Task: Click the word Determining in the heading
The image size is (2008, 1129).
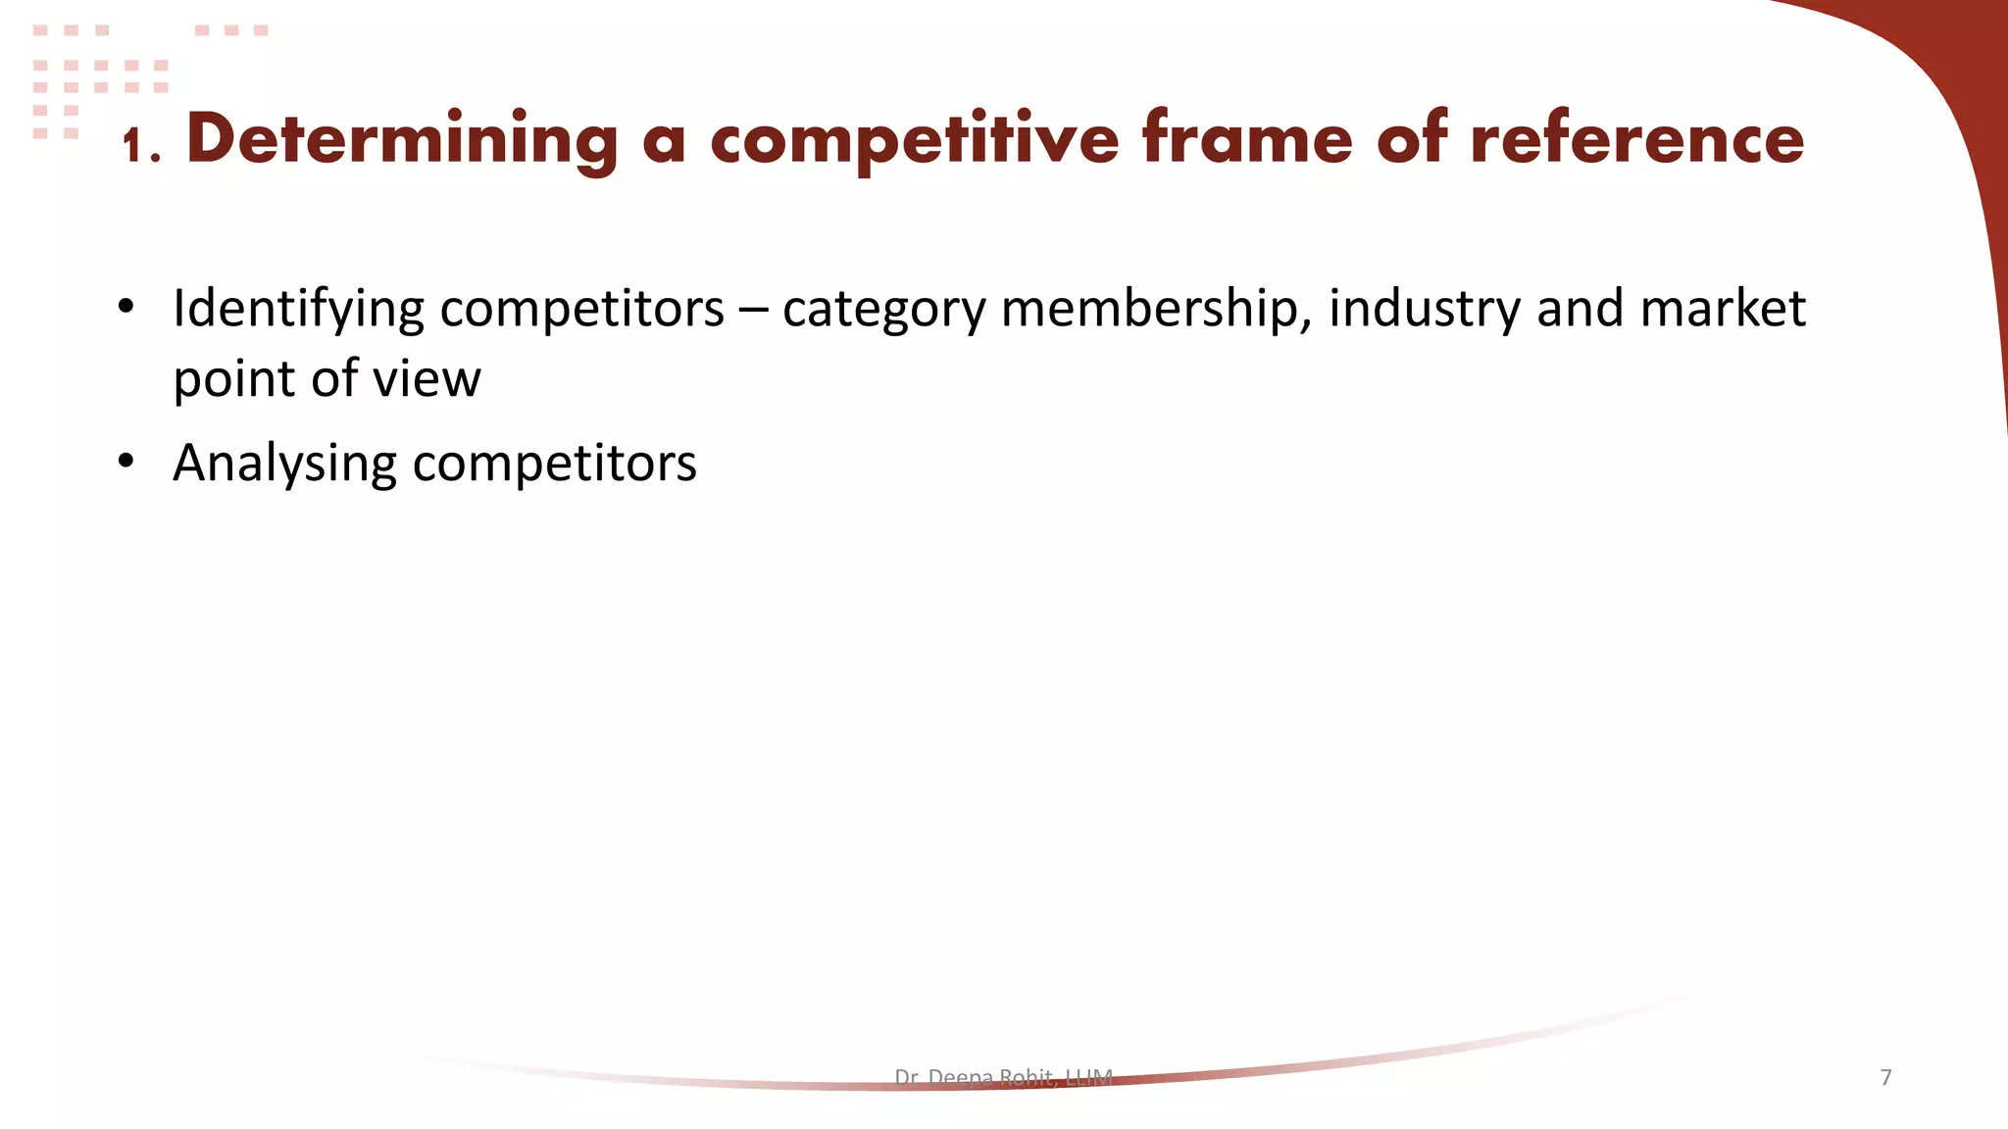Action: point(402,140)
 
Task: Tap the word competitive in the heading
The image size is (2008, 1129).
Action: point(914,140)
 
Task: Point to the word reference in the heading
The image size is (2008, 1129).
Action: point(1636,139)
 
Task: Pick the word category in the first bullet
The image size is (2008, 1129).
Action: point(883,310)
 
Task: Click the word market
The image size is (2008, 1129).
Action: point(1723,308)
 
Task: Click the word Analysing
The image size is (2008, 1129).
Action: point(284,464)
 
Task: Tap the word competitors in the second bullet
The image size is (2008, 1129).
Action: point(554,464)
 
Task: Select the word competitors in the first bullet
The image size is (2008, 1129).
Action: point(581,310)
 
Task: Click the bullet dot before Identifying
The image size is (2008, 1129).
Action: point(125,307)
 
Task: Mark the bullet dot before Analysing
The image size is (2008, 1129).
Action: point(125,461)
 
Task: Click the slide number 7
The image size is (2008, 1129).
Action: point(1885,1077)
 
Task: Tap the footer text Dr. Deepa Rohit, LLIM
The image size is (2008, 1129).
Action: point(1003,1078)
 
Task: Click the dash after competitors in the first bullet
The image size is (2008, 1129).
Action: point(753,310)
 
